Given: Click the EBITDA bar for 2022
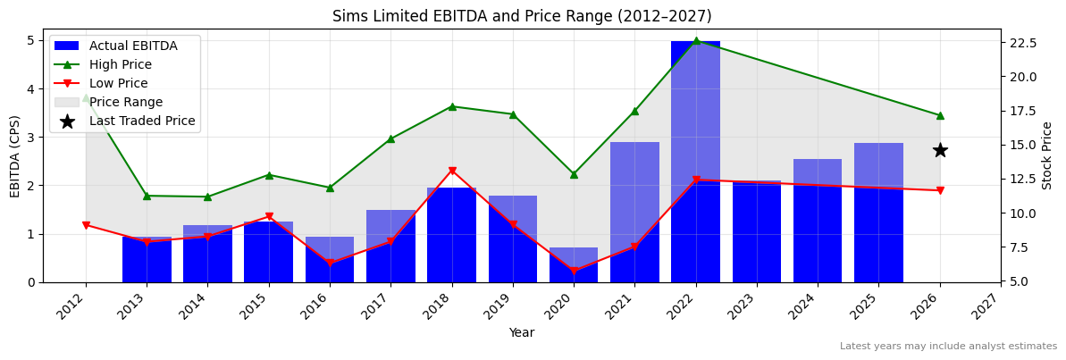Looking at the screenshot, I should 695,161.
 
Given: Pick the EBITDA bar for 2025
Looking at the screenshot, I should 878,213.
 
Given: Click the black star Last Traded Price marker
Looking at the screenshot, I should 940,150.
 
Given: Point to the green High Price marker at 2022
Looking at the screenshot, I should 695,40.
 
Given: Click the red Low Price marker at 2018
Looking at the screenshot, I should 452,171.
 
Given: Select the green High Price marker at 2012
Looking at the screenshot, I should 86,96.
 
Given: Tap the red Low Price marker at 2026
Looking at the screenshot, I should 940,190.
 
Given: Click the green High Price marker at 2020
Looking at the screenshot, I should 574,174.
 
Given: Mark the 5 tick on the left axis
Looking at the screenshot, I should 30,40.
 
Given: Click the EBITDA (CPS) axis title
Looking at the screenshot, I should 15,155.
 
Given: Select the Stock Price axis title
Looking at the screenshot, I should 1048,155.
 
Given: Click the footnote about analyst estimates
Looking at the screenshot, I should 948,347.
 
